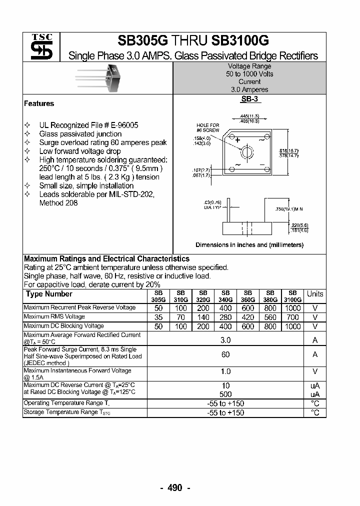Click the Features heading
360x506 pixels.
(39, 103)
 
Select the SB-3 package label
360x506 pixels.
(249, 99)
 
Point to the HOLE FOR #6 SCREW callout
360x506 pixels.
(207, 127)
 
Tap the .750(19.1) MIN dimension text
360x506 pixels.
(289, 208)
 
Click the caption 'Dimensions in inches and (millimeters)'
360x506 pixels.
(249, 245)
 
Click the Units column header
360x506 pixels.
(314, 294)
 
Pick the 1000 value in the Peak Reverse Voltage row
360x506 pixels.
(292, 308)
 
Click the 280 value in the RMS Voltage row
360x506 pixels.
(225, 317)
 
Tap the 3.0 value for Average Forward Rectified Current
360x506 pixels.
(225, 340)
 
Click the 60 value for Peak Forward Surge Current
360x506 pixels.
(225, 354)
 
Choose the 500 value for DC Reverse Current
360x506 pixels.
(225, 393)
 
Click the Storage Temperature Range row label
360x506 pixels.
(67, 412)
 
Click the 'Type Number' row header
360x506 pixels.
(49, 294)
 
